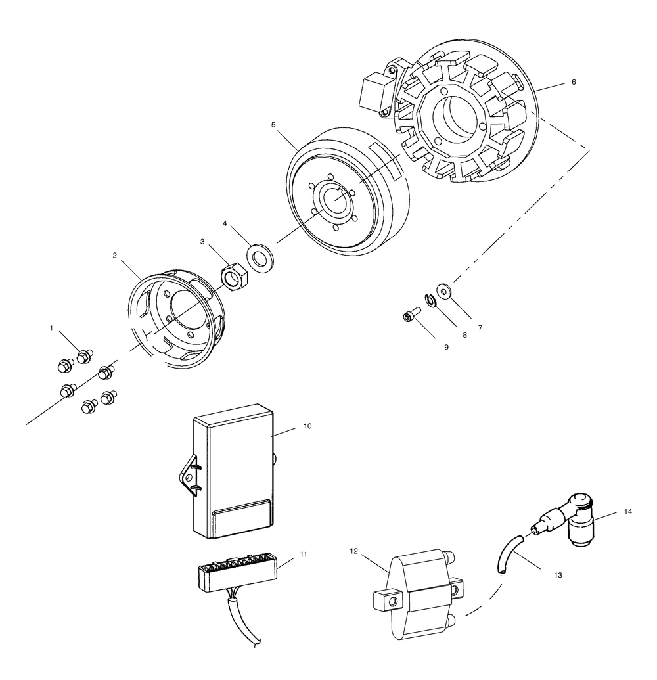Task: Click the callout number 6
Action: click(x=574, y=83)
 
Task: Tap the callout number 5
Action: click(x=273, y=124)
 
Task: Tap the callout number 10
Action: click(x=307, y=426)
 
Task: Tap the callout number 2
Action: click(x=115, y=255)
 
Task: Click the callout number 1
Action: click(x=51, y=327)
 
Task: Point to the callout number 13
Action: click(x=558, y=575)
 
